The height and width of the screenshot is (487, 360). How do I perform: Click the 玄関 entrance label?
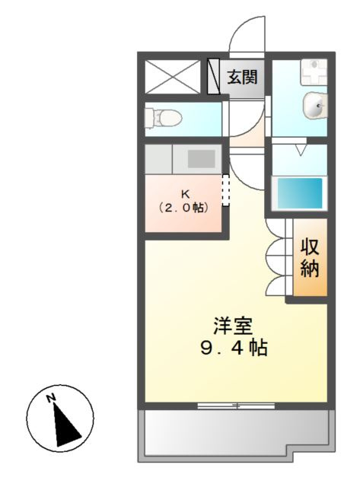[243, 77]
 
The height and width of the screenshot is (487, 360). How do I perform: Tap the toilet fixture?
[163, 117]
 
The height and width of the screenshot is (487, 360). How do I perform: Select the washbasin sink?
[314, 107]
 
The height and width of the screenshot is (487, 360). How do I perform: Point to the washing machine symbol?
[310, 73]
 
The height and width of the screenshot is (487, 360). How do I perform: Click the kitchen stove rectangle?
[201, 159]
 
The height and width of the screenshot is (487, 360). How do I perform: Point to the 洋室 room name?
[233, 325]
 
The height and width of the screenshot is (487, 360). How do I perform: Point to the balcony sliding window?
[236, 406]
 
